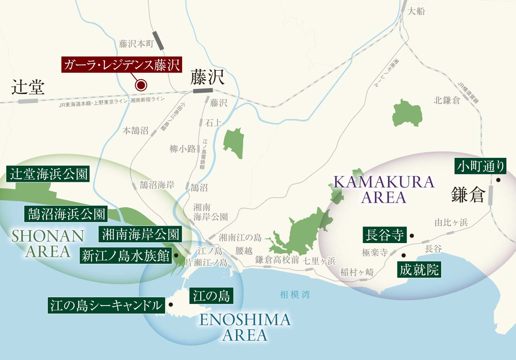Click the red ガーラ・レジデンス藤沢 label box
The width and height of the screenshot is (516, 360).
[122, 65]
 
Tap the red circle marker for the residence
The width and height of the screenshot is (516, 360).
[141, 85]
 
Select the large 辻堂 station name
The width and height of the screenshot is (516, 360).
[28, 87]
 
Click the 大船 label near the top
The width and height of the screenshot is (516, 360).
[416, 11]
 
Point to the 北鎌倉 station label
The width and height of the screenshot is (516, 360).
[447, 100]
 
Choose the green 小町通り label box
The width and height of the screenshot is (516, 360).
[481, 166]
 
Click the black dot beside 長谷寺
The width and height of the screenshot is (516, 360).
[412, 236]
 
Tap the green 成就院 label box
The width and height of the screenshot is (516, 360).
[419, 270]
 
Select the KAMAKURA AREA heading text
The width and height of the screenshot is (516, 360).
[384, 190]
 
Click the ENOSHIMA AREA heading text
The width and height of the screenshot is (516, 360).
[245, 327]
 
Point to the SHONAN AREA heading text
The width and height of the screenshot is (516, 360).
[48, 243]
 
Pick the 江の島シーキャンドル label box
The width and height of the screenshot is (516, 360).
[106, 305]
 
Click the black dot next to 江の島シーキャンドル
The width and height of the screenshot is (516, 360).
[171, 305]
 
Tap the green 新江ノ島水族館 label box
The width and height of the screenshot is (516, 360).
[126, 256]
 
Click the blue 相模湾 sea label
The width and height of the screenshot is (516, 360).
[295, 295]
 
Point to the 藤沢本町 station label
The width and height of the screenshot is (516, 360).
[136, 44]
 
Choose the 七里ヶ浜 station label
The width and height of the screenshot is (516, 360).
[319, 261]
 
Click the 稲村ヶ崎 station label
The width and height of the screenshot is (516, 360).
[357, 273]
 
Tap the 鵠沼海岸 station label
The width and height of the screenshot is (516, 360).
[157, 185]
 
